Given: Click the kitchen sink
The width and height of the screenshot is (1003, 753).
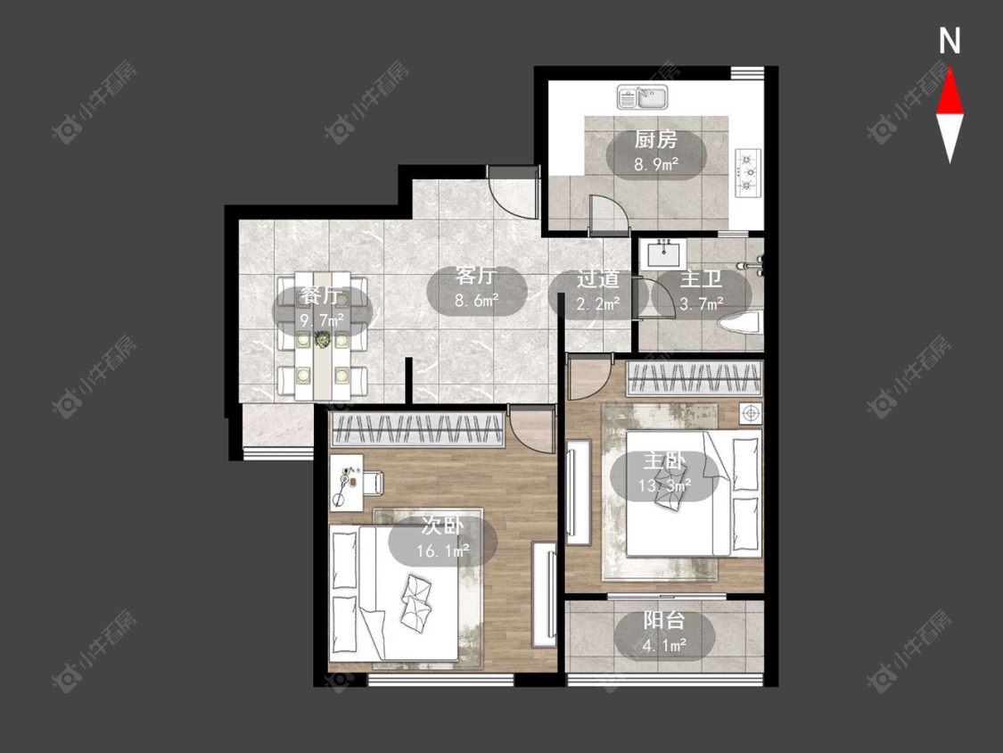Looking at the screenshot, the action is pos(642,96).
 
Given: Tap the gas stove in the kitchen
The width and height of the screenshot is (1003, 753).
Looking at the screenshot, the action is pos(749,172).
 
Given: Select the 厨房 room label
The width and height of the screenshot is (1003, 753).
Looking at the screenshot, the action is pos(655,139).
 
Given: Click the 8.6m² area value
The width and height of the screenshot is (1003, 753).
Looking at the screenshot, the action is pos(477,300).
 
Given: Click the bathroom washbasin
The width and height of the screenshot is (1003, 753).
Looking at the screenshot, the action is pos(664,253).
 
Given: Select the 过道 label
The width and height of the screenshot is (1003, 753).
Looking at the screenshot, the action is pos(598,279).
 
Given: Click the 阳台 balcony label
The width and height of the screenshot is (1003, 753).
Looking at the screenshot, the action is pos(664,620).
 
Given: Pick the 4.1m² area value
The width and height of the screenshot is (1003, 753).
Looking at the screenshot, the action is pos(664,645).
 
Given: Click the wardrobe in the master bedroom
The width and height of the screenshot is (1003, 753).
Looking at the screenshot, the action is pos(695,378).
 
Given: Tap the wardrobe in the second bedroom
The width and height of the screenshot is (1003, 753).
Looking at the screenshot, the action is pos(417,429).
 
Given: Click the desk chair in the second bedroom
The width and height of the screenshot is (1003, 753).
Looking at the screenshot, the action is pos(373,483).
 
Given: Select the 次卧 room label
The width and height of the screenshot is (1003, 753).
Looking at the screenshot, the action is pos(442,526).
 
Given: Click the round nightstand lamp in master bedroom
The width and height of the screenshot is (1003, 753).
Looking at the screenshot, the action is pos(750,413).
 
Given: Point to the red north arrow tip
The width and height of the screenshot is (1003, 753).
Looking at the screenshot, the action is pos(950,70).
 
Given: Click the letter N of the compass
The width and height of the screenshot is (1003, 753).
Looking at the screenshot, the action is pos(950,41).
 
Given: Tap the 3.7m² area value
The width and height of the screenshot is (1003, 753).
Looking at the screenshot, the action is pos(702,304).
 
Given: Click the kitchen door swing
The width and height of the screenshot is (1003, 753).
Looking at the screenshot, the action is pos(608,212).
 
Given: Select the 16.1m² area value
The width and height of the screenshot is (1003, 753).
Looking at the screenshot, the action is pos(442,550).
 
